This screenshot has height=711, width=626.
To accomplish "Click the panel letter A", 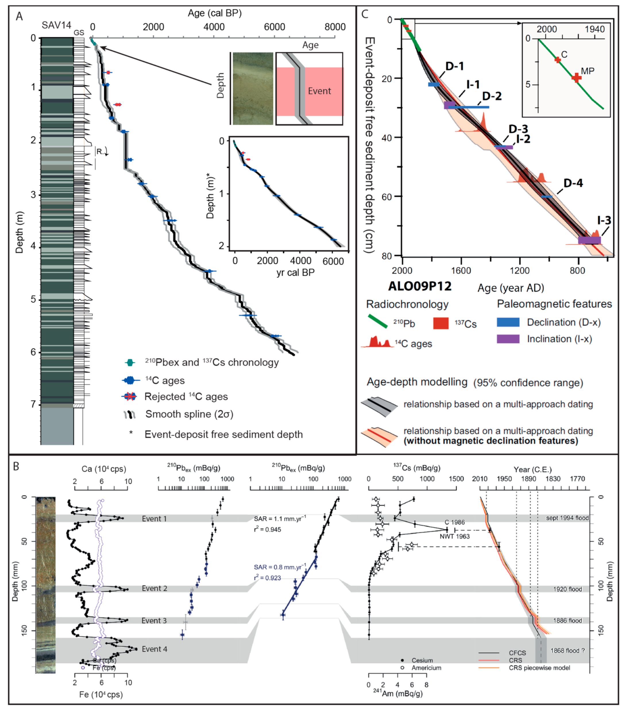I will click(x=20, y=16).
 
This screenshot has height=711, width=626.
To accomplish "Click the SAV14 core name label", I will click(x=56, y=25).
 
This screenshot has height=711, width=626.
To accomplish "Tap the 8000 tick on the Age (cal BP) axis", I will click(x=335, y=27).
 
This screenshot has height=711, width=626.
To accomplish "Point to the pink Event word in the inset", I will click(x=319, y=91).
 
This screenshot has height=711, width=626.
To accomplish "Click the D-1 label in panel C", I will click(x=455, y=66).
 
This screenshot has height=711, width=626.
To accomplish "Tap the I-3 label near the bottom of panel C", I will click(x=604, y=220).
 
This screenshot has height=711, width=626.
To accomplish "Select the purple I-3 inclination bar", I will click(x=589, y=240).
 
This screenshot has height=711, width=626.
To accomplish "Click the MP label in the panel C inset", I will click(x=588, y=71).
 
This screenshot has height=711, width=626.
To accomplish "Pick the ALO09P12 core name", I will click(x=420, y=286).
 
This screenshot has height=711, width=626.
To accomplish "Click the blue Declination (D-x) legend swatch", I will click(x=508, y=322).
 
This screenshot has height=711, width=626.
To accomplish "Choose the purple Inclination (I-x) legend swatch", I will click(x=508, y=339).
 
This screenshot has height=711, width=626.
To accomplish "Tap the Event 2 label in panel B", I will click(x=154, y=588).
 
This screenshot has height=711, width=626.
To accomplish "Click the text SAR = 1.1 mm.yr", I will click(x=280, y=519).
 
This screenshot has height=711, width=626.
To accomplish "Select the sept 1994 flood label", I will click(x=567, y=518).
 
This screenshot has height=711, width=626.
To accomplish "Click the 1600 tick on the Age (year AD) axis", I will click(x=461, y=270).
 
